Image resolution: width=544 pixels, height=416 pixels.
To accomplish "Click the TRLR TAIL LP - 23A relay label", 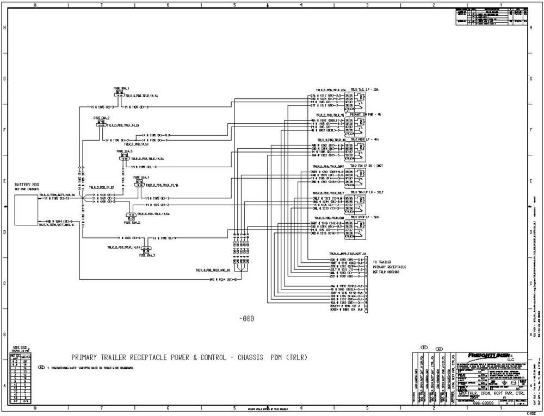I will [x=364, y=89].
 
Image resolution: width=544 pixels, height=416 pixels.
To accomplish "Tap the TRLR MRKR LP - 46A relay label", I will [x=364, y=140].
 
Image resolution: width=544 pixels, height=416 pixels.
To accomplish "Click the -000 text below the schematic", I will [x=246, y=319].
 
